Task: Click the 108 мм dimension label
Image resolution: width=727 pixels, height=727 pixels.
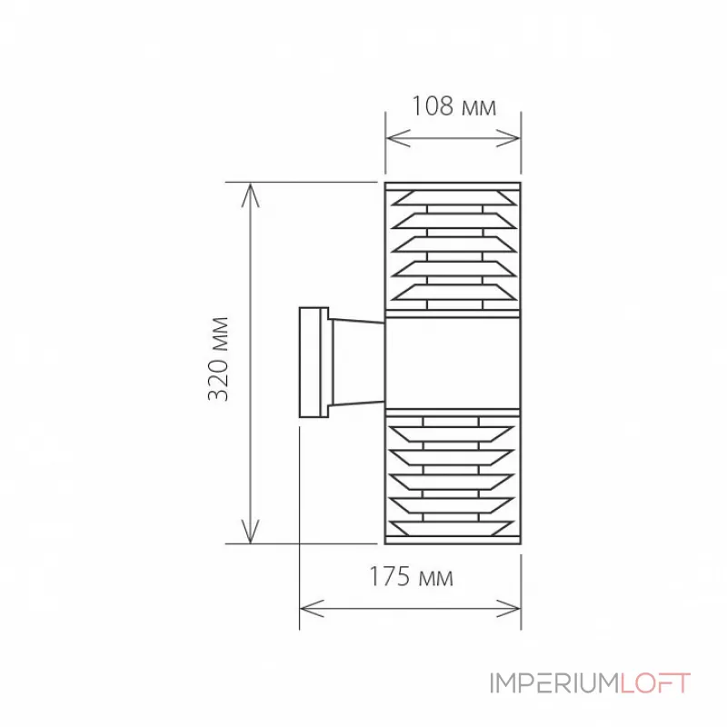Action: [x=453, y=107]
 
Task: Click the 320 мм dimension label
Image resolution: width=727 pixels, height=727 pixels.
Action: [x=219, y=360]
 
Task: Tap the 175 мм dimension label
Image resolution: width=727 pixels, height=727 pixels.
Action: [x=411, y=576]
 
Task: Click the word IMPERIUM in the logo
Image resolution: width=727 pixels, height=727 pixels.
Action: [x=554, y=683]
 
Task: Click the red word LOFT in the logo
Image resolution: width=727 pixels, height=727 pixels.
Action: [x=655, y=683]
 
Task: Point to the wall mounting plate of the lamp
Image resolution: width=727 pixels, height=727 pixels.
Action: [x=314, y=362]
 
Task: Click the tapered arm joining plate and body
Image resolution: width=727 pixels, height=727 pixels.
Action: [x=356, y=361]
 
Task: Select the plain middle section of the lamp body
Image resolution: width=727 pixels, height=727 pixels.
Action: [x=453, y=362]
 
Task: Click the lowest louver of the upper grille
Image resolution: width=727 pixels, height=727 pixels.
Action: [x=453, y=293]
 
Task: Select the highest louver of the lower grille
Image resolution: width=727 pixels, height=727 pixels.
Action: [x=453, y=427]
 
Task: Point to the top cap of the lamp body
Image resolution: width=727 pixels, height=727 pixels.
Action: [x=453, y=185]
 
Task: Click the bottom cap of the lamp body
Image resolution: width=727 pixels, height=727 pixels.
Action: [x=453, y=540]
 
